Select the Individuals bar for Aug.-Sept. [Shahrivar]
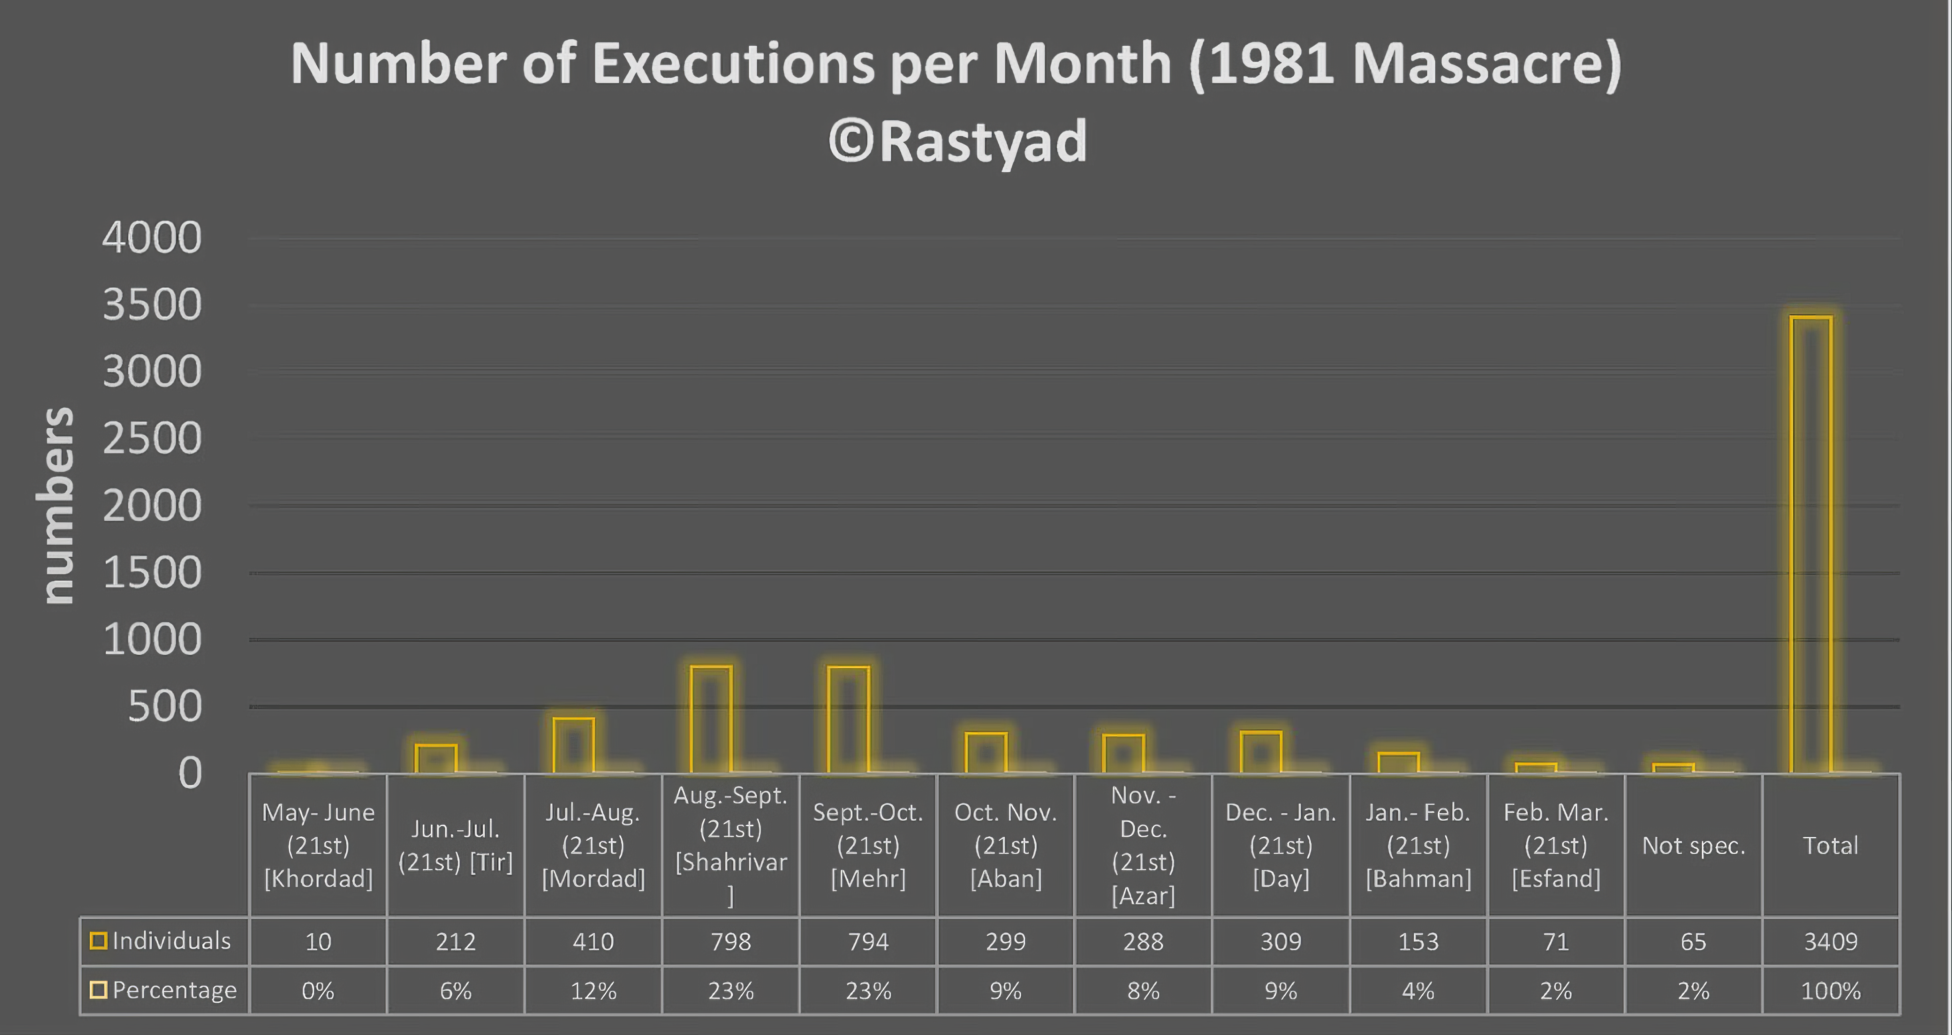coord(711,720)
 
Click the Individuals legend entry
coord(162,941)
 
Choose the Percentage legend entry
coord(164,990)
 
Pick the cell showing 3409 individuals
coord(1831,941)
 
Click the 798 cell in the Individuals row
coord(731,941)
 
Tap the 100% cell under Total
coord(1831,990)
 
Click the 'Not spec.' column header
coord(1693,845)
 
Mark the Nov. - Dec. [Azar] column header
coord(1143,845)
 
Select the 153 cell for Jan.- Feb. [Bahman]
coord(1418,941)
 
